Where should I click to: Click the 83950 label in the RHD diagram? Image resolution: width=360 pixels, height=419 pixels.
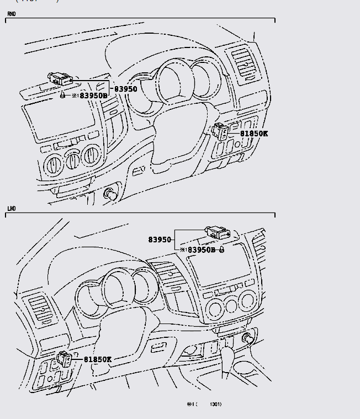point(126,89)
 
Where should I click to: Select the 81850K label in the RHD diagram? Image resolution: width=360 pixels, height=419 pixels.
point(253,134)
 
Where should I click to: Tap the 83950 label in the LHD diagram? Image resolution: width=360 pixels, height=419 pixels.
point(160,240)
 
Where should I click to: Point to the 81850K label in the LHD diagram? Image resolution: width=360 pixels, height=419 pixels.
point(98,359)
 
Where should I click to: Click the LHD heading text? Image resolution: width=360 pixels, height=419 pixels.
point(11,209)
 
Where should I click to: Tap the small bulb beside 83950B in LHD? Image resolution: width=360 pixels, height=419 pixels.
point(221,250)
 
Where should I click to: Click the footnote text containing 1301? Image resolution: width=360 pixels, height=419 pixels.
point(204,404)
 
